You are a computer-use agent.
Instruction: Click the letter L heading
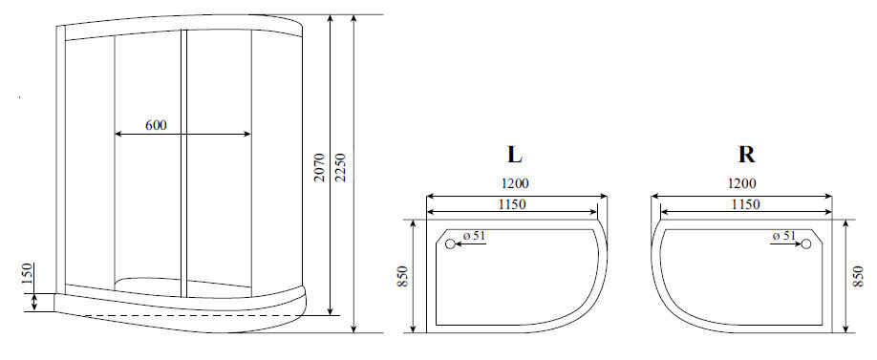[514, 155]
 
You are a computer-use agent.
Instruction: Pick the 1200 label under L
[514, 183]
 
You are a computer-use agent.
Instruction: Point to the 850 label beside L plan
[404, 278]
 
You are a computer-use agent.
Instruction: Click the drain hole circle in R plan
[804, 244]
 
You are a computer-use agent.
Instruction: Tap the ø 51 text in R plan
[782, 236]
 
